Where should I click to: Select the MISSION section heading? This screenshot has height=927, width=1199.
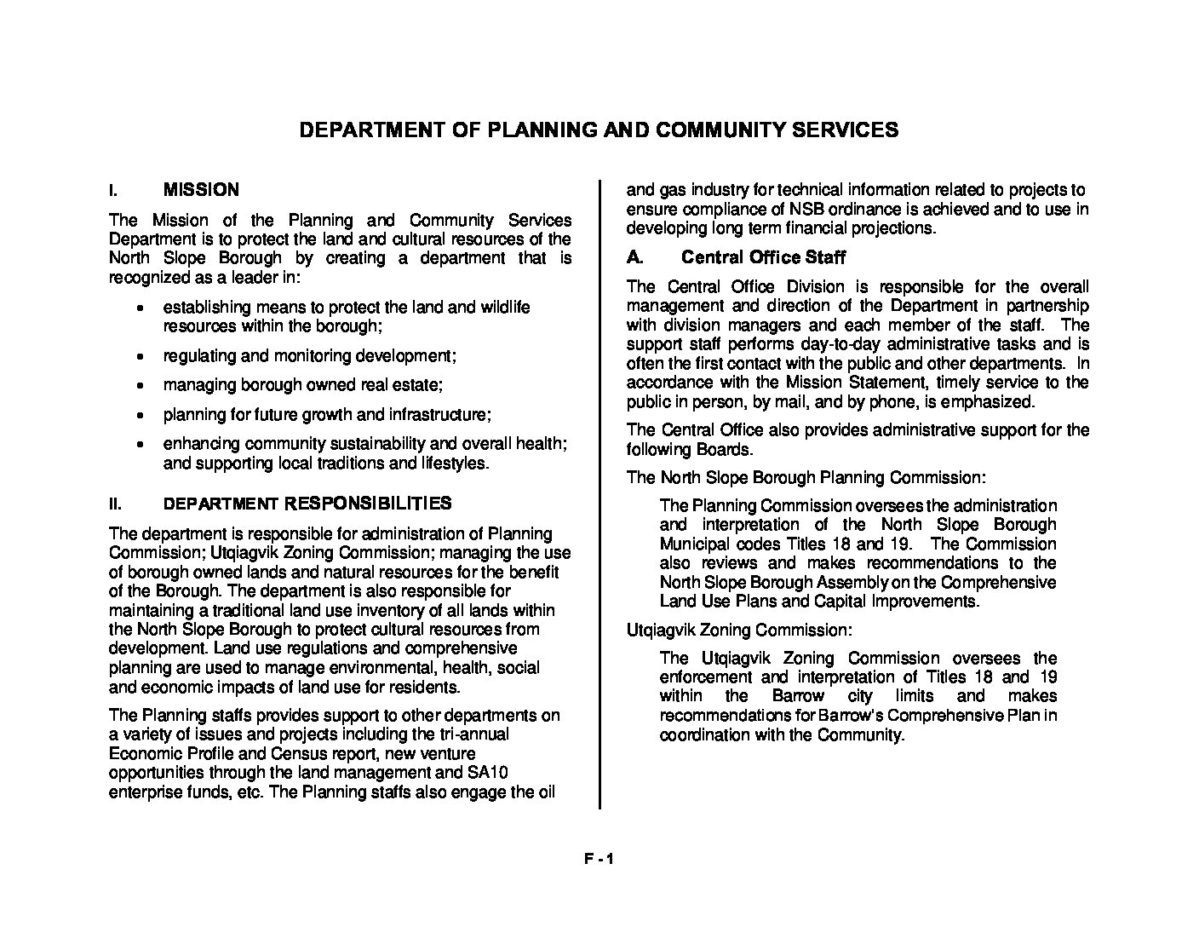pos(201,190)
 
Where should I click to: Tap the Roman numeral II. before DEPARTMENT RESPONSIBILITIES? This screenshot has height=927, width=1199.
pos(115,504)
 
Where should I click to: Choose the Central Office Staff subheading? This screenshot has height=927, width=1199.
pos(763,257)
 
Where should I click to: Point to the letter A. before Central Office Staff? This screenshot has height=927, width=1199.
pos(634,257)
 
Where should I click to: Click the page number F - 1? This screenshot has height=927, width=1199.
pos(599,860)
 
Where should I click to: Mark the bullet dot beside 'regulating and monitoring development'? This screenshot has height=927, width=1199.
pos(140,356)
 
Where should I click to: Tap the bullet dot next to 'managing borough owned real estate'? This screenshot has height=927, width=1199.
pos(140,386)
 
